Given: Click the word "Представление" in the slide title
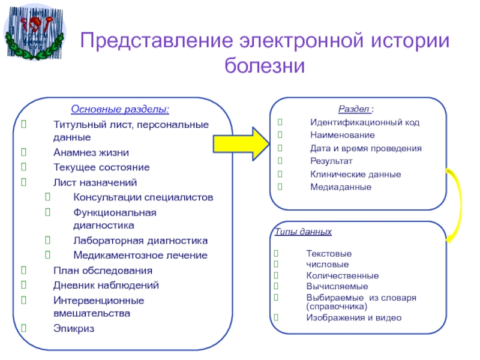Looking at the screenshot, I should coord(154,41).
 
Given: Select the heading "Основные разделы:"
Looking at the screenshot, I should coord(120,110).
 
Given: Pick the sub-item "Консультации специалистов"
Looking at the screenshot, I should coord(143,197).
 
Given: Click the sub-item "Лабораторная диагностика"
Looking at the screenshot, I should coord(140,241).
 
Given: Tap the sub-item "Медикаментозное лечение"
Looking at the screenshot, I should coord(140,255).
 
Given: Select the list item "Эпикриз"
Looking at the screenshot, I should coord(73,328).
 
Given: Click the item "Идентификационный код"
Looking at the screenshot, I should coord(365,122).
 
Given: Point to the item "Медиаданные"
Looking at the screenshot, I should coord(341,187).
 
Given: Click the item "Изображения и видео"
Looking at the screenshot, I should coord(353,317).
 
